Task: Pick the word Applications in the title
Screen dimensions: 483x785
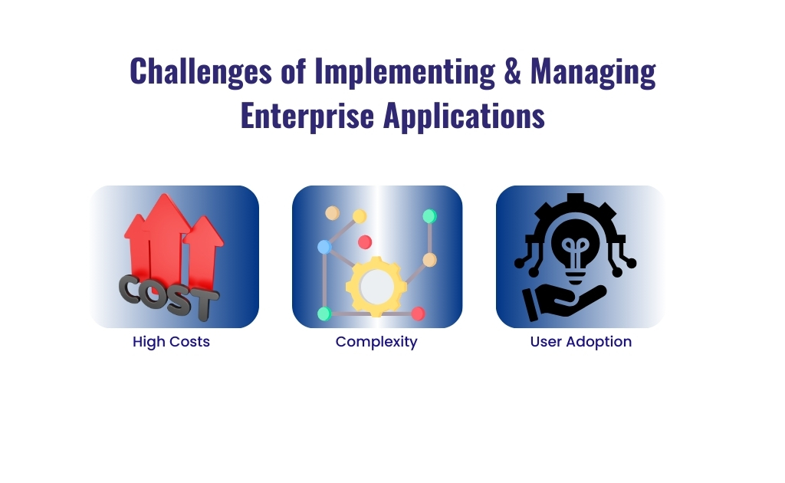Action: [464, 116]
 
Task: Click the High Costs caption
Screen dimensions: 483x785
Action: [171, 342]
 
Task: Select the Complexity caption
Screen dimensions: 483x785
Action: [376, 342]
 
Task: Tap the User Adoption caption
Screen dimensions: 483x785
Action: [580, 342]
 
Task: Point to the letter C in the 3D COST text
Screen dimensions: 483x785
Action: [132, 291]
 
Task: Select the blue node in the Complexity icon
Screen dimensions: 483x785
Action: [324, 247]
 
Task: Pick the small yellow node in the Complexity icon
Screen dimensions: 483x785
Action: [359, 216]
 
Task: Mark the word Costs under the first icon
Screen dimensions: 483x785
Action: [189, 342]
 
